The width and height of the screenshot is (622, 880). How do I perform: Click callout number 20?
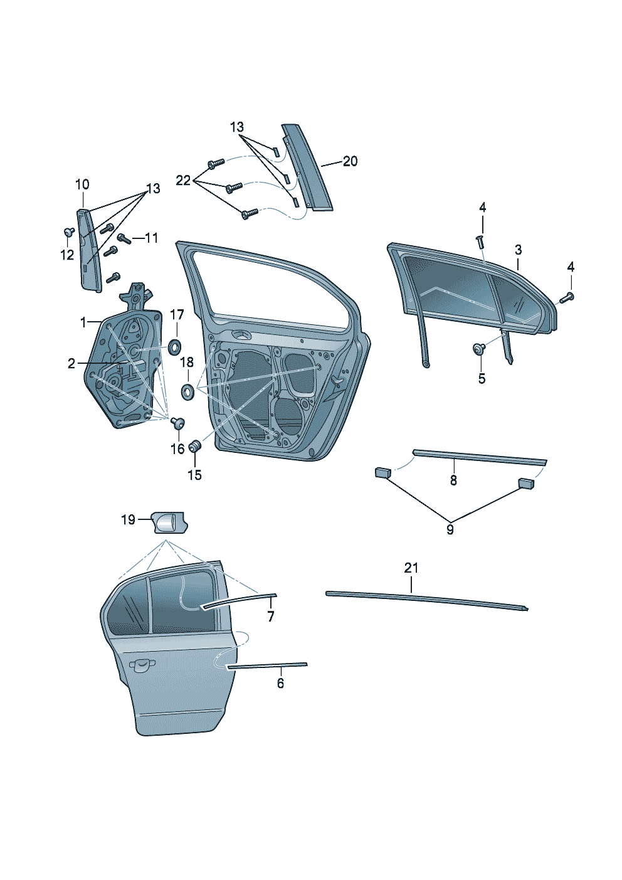350,161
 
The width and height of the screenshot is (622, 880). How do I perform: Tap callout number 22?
182,181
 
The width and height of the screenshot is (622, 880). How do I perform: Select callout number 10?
82,184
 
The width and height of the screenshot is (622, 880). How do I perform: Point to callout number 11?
151,238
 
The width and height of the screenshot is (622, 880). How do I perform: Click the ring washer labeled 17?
176,345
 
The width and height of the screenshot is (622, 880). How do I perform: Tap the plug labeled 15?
195,447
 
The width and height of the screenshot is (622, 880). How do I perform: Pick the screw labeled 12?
68,232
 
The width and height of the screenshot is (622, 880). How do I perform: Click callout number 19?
128,519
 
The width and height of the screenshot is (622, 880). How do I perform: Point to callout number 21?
411,568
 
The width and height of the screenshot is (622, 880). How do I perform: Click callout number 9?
450,529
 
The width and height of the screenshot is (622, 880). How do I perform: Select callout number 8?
453,480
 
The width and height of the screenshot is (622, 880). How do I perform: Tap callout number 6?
280,683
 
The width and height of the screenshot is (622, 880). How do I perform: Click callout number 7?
271,617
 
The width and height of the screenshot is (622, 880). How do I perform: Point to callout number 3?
518,250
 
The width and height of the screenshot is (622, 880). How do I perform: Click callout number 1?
83,322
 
